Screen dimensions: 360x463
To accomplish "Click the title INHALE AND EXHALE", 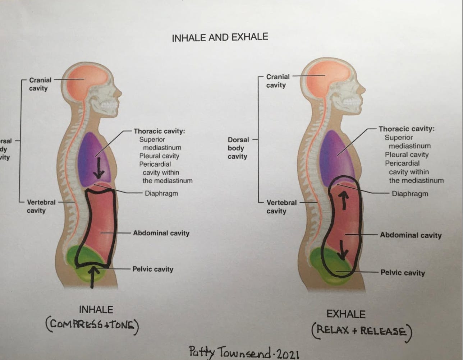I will tap(220, 37).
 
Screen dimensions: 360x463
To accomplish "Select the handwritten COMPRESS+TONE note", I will tap(92, 326).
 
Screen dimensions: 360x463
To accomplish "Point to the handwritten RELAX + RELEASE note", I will tap(361, 331).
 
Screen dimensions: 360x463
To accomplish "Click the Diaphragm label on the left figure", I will tap(161, 194).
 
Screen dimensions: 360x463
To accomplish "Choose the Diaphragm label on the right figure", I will tap(410, 194).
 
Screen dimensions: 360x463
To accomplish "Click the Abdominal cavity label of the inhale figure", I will tap(161, 233).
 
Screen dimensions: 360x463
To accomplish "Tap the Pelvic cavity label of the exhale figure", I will tap(403, 273).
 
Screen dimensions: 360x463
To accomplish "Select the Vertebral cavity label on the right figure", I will tap(281, 207).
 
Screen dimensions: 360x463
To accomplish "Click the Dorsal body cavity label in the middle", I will tap(238, 148).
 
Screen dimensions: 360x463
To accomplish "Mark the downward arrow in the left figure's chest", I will tap(98, 169).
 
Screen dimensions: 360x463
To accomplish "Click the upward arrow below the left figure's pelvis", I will tap(93, 277).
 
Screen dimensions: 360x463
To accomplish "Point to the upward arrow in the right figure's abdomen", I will tap(344, 200).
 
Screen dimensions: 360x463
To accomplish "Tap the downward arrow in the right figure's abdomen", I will tap(343, 250).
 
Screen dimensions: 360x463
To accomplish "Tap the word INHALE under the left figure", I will tap(96, 310).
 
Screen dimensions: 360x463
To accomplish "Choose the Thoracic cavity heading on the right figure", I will tap(406, 129).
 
